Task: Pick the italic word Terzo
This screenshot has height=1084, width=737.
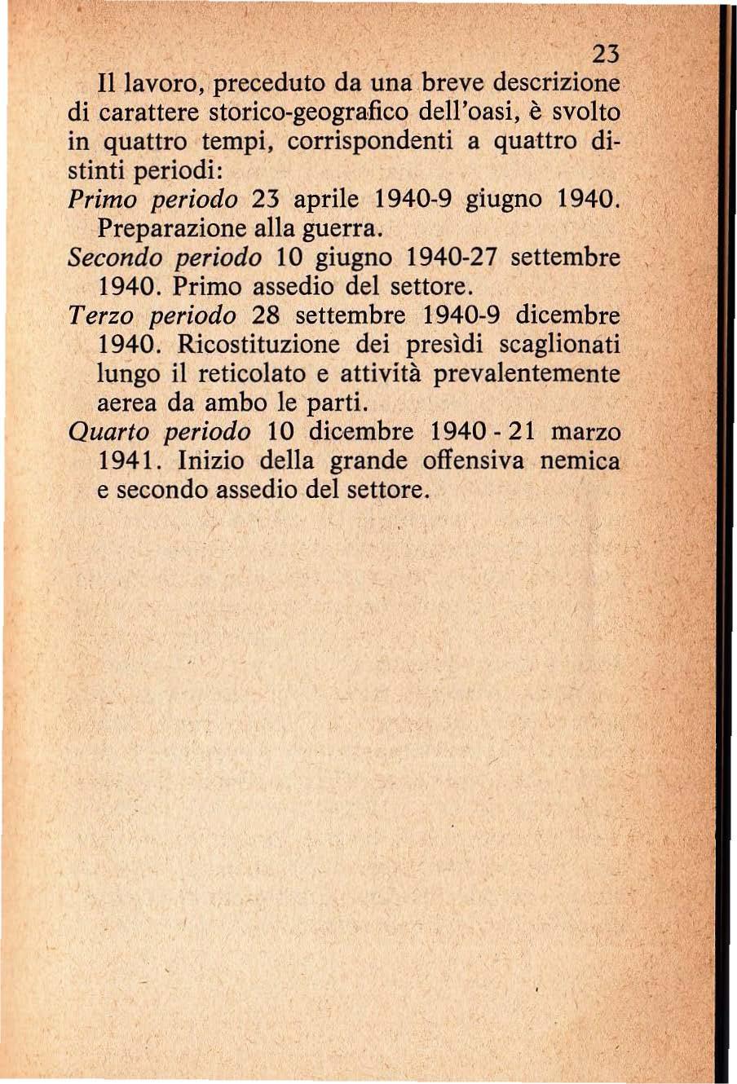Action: pyautogui.click(x=96, y=315)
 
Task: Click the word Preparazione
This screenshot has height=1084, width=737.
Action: pyautogui.click(x=169, y=229)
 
